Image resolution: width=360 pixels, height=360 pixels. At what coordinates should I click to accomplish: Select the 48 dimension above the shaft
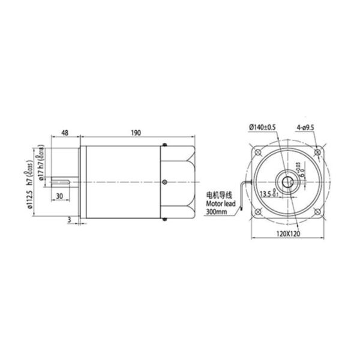[65, 133]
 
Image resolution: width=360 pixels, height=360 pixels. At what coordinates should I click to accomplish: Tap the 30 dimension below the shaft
[59, 196]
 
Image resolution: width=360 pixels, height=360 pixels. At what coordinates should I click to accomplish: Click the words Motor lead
[221, 203]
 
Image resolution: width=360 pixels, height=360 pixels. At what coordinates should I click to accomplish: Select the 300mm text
[217, 211]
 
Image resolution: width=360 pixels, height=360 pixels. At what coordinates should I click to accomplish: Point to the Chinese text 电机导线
[220, 196]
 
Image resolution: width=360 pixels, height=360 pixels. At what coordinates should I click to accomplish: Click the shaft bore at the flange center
[290, 181]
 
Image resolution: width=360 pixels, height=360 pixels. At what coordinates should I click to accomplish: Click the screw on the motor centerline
[165, 181]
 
